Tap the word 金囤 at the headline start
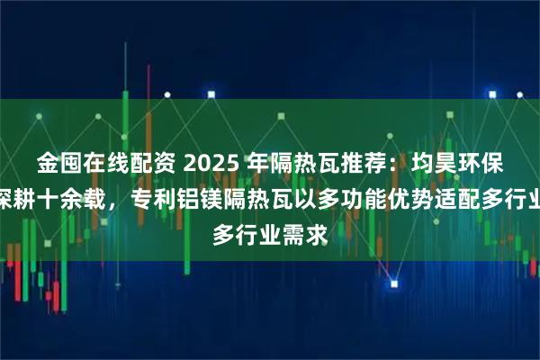coord(58,163)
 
